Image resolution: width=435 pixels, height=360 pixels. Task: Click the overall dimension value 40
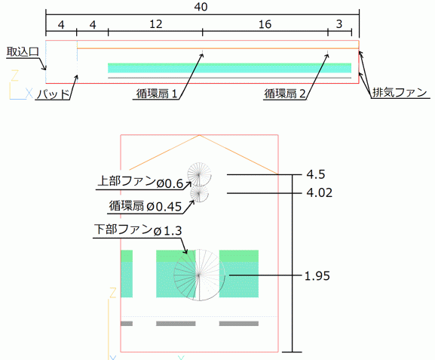pos(201,6)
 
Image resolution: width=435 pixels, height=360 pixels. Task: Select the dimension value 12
pos(155,24)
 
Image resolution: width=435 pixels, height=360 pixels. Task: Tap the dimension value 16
pos(265,24)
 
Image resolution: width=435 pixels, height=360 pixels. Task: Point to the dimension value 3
pos(339,24)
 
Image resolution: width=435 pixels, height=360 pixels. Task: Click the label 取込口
pos(23,52)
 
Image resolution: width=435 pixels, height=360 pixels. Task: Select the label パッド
pos(54,94)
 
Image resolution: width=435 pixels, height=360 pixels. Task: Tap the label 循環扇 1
pos(157,94)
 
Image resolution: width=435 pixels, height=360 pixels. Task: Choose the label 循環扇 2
pos(284,94)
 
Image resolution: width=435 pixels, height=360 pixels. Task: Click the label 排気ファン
pos(400,93)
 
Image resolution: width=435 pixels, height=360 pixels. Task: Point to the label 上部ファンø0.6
pos(140,182)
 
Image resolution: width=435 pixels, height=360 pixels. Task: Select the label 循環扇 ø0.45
pos(145,206)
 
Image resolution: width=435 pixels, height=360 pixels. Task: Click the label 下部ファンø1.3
pos(138,230)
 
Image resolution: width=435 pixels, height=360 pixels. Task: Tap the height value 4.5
pos(316,174)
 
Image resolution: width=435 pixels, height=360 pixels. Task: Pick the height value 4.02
pos(320,192)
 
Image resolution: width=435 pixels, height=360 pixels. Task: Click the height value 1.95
pos(317,275)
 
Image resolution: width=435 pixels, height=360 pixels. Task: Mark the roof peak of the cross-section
pos(199,135)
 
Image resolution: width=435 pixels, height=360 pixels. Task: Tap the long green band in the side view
pos(229,68)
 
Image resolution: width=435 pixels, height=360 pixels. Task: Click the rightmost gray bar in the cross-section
pos(239,324)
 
